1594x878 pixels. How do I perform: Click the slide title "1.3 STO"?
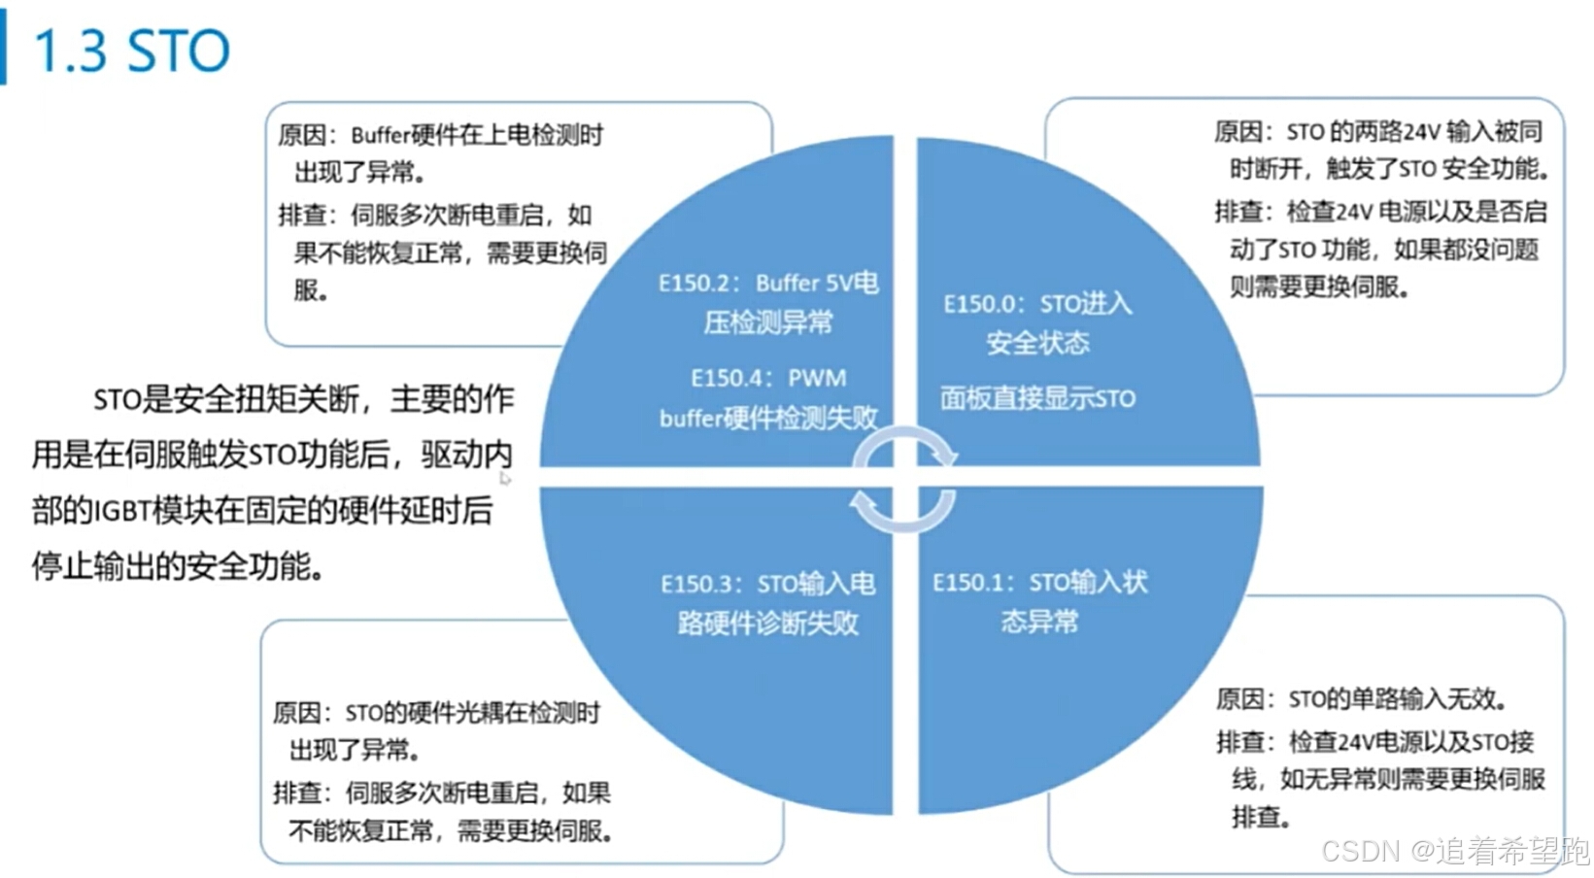click(131, 51)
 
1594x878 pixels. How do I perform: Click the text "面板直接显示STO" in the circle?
click(1037, 398)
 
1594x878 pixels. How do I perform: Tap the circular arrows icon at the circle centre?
click(904, 480)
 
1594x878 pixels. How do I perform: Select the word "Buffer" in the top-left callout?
click(380, 135)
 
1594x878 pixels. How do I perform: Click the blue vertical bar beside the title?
click(4, 51)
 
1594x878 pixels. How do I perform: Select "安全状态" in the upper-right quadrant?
click(1037, 343)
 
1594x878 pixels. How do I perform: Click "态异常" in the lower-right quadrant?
click(1039, 622)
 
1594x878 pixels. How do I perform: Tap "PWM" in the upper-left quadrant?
click(817, 378)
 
